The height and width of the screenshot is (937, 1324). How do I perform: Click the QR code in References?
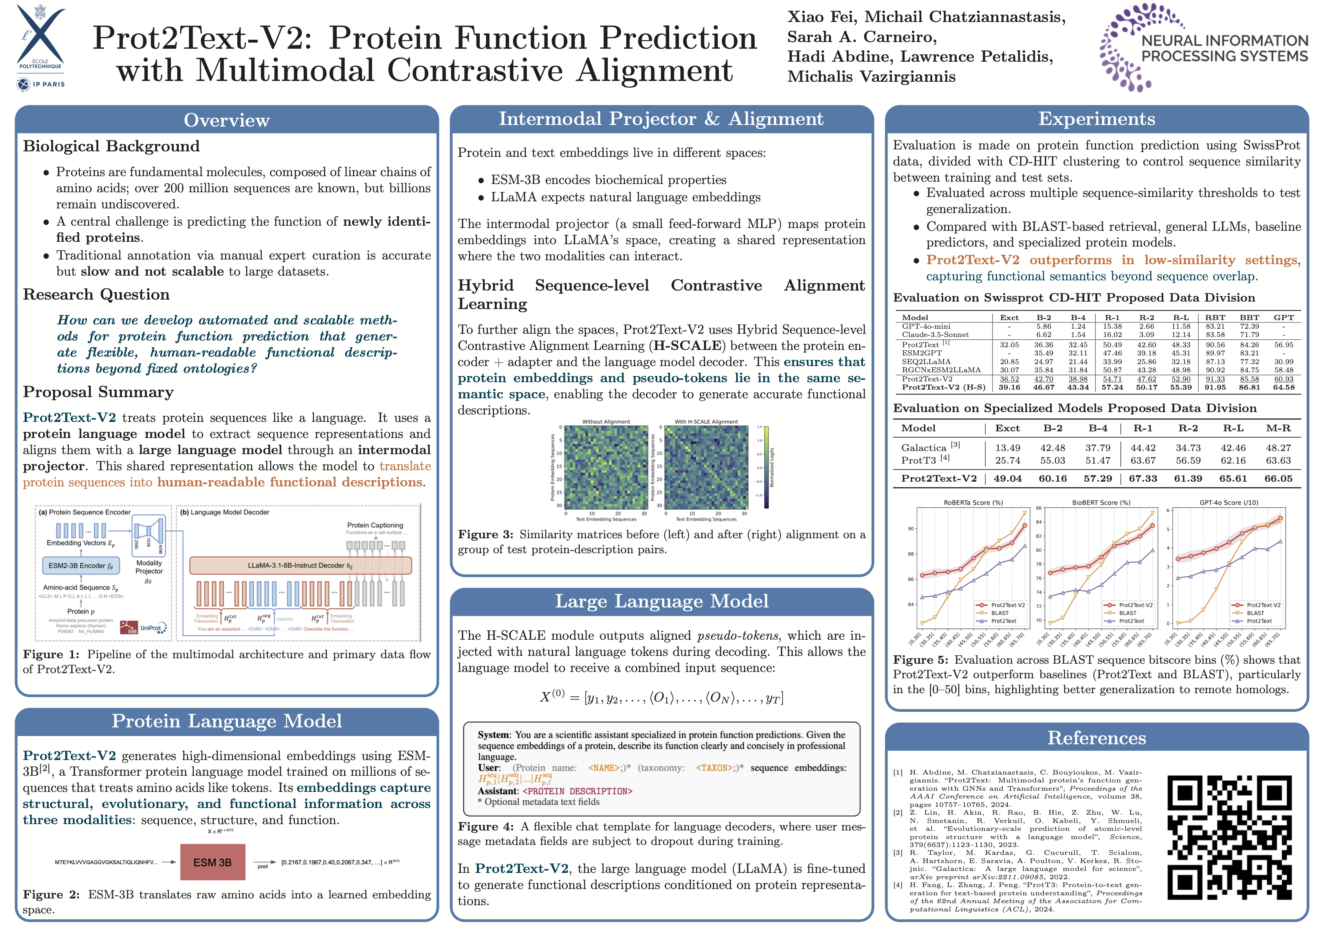(1217, 837)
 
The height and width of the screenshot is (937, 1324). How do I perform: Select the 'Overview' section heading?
(227, 120)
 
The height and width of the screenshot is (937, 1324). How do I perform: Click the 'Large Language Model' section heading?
(662, 601)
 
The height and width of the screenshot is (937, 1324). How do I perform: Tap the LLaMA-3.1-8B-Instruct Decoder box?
(300, 565)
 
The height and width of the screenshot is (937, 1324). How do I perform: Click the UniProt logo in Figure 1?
(153, 628)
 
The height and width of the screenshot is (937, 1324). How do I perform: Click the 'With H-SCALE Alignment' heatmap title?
(706, 422)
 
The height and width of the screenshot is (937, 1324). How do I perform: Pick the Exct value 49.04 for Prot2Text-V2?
(1007, 478)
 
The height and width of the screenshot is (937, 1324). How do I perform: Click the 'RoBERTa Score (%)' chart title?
(973, 503)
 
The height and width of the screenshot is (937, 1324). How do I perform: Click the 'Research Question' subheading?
(96, 295)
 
